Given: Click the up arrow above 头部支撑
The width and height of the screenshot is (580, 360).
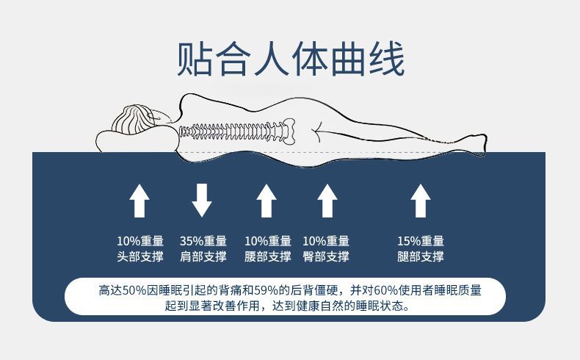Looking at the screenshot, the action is tap(139, 201).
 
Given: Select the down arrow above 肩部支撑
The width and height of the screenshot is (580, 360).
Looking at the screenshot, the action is tap(203, 201).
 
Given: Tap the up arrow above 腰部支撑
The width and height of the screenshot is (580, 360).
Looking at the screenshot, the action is tap(267, 201).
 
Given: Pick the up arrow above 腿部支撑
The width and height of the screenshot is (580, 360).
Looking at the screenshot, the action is tap(420, 201).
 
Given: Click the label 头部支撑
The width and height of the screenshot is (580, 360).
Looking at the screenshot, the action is tap(139, 257).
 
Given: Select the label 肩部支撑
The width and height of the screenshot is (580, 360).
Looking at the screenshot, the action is tap(203, 257).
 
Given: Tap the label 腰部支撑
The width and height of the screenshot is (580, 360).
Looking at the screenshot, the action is tap(267, 257).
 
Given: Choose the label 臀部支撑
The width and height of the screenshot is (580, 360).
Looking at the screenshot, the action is tap(326, 257).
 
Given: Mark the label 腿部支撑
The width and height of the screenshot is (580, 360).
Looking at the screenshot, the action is tap(420, 257).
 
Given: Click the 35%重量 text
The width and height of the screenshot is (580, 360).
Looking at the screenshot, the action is tap(203, 241).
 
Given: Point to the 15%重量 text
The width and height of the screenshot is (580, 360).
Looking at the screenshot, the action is tap(420, 241).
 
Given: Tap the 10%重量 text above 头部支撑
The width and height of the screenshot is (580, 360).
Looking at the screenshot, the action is tap(139, 241).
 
